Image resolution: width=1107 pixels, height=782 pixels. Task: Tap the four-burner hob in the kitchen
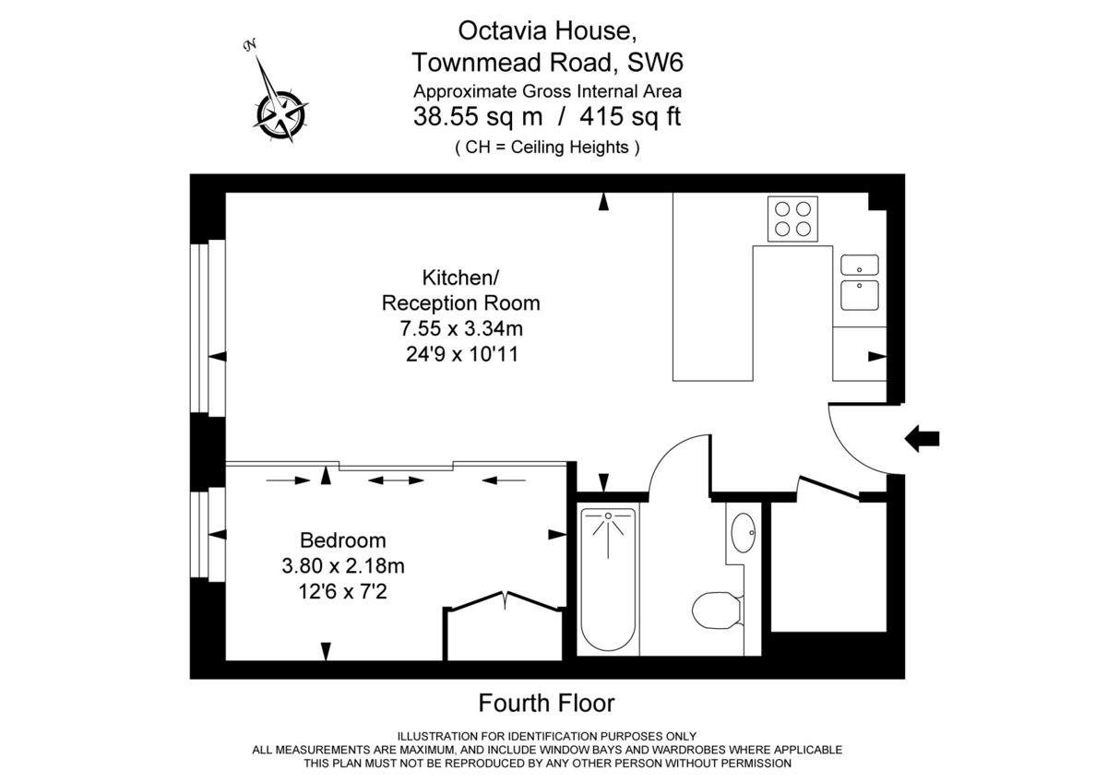(792, 219)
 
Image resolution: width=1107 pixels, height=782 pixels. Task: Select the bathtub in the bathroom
(608, 579)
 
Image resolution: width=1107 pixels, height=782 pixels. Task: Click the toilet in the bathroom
(718, 610)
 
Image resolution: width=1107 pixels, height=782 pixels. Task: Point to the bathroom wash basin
(743, 532)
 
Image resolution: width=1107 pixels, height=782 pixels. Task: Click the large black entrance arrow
(922, 439)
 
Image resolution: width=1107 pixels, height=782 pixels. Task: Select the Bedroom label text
(343, 540)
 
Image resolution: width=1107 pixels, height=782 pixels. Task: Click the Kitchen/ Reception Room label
(460, 290)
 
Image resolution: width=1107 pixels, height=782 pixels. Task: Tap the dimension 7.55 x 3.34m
(460, 327)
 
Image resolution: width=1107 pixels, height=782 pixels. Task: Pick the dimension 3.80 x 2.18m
(343, 564)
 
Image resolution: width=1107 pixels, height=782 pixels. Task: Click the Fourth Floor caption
(546, 704)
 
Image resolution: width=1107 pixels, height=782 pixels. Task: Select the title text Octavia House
(547, 30)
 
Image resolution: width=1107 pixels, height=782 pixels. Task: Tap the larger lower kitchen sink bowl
(860, 295)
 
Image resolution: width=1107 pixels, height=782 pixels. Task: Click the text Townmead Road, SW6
(547, 63)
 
